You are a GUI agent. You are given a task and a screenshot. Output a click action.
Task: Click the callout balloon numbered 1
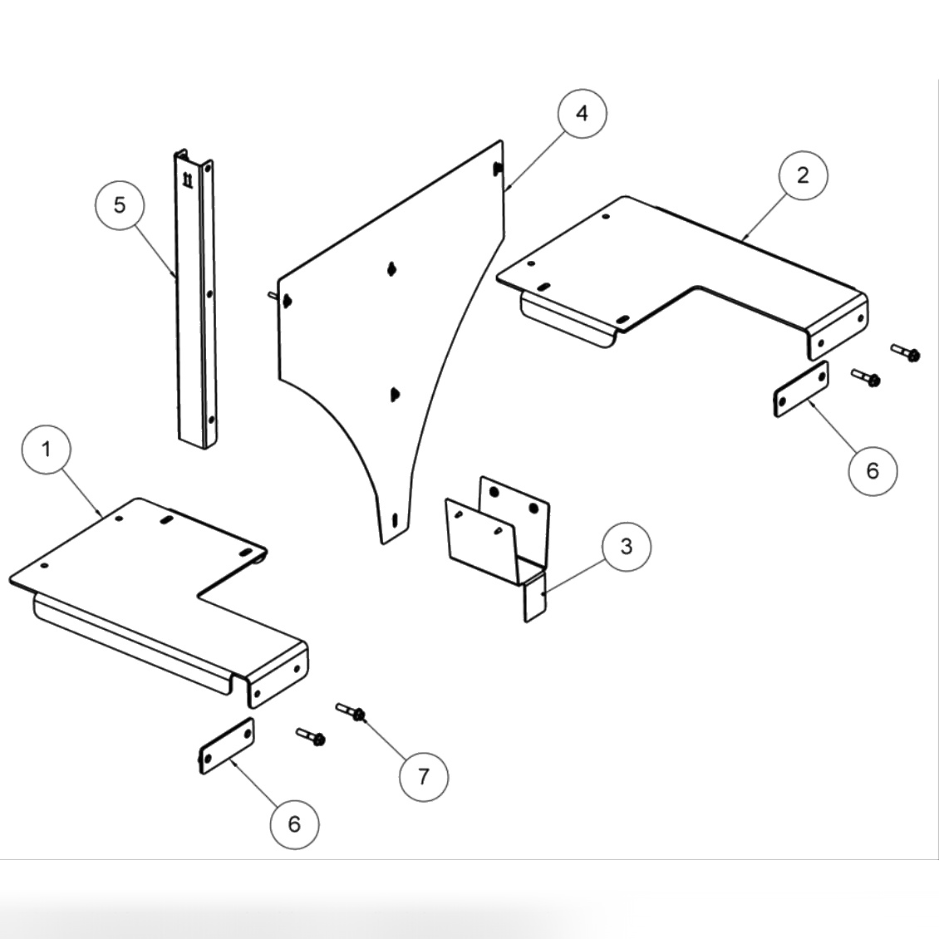47,450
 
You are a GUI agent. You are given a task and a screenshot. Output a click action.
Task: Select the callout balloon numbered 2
803,175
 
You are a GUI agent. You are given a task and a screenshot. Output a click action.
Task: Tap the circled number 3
626,546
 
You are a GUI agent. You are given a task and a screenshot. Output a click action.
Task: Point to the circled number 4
582,113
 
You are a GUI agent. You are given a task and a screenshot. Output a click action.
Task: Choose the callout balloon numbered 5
120,204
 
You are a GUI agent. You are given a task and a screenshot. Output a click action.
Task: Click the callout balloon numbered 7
424,776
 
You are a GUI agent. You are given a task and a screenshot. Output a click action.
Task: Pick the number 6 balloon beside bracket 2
872,470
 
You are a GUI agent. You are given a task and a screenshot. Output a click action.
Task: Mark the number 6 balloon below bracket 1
294,823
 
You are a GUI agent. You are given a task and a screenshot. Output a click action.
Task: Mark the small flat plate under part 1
226,746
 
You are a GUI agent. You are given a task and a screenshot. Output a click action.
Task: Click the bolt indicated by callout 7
352,712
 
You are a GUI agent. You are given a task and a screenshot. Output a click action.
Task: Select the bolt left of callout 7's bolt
311,736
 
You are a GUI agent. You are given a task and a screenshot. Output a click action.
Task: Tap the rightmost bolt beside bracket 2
906,352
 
